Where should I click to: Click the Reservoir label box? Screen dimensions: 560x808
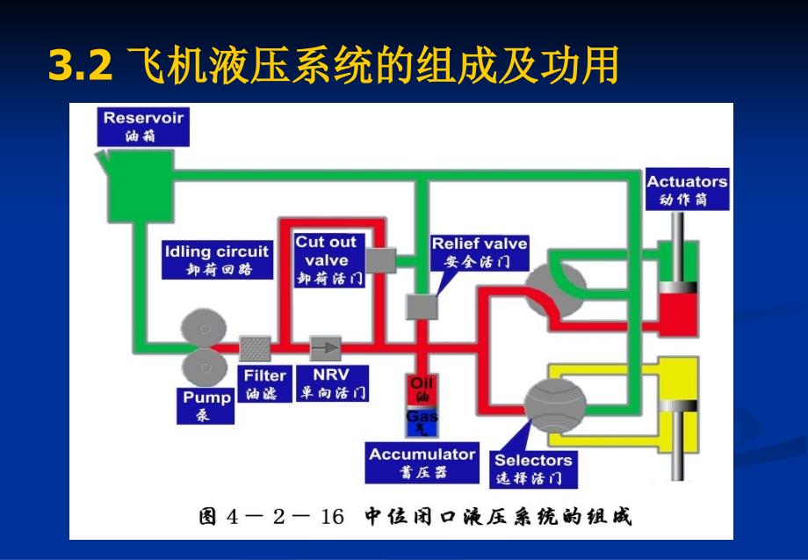click(144, 125)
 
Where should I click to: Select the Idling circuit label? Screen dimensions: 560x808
click(217, 259)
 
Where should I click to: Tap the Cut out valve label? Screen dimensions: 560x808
click(328, 259)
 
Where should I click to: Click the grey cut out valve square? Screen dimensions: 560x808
click(381, 258)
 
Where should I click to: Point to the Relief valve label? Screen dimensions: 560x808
click(480, 251)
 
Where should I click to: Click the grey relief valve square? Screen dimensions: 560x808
click(422, 307)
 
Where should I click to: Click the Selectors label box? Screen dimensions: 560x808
click(533, 469)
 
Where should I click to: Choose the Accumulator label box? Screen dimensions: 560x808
click(422, 463)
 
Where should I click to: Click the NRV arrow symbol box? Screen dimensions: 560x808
click(327, 348)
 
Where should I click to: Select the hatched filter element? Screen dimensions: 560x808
click(256, 348)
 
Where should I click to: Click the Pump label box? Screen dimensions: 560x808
click(207, 404)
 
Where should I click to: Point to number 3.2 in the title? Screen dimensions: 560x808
click(80, 66)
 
